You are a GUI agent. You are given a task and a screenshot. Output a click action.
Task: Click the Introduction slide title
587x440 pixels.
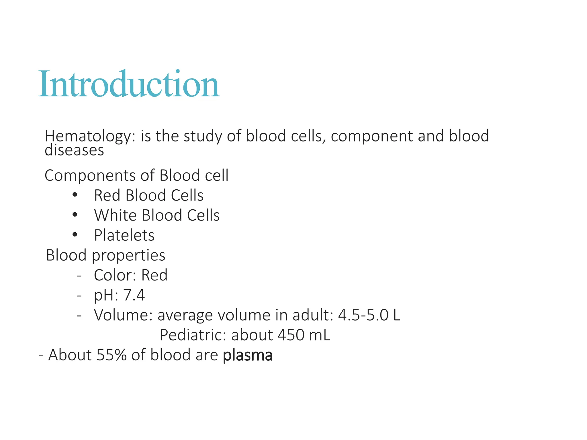pos(129,85)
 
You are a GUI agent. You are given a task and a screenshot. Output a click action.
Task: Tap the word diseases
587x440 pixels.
pos(74,150)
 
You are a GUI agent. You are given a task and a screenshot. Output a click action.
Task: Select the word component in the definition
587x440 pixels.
pos(372,136)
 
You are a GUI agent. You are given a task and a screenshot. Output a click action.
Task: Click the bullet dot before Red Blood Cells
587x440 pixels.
pos(75,195)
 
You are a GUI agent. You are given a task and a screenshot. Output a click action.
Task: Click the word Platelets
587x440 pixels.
pos(124,235)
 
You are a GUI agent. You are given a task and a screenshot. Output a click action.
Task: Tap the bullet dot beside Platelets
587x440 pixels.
pos(75,235)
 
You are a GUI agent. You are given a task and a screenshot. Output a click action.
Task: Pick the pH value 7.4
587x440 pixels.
pos(134,295)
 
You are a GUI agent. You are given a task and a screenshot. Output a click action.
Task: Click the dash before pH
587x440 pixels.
pos(79,295)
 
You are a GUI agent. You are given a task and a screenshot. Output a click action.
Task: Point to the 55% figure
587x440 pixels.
pos(111,355)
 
